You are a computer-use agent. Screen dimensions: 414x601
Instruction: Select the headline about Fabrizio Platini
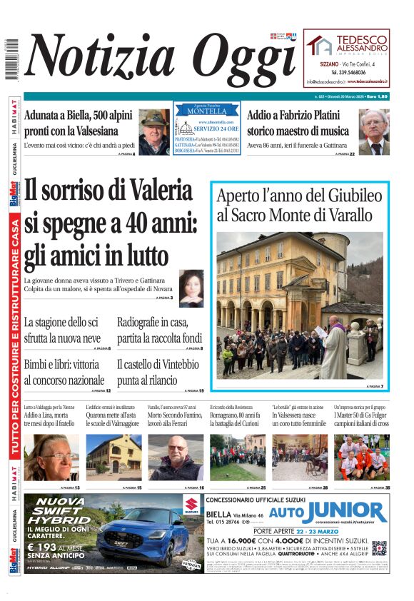pyautogui.click(x=298, y=123)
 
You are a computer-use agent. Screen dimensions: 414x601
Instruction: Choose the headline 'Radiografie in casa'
pyautogui.click(x=160, y=329)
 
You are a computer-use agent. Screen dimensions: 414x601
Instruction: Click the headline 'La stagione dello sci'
pyautogui.click(x=62, y=329)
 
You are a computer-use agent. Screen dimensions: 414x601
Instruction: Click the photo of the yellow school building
pyautogui.click(x=113, y=458)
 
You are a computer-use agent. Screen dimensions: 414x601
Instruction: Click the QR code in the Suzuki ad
pyautogui.click(x=379, y=548)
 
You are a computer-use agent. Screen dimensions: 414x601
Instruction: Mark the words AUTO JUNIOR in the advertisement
pyautogui.click(x=338, y=512)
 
